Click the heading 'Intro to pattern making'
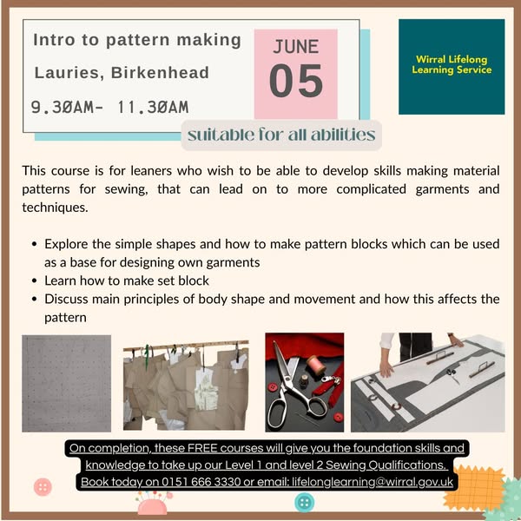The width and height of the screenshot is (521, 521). [137, 40]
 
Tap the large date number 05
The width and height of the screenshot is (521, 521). [296, 81]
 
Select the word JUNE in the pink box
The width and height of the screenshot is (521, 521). [296, 47]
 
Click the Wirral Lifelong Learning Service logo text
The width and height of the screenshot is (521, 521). [452, 64]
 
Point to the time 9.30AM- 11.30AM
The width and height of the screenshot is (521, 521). [109, 108]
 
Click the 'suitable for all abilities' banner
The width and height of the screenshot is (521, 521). [281, 135]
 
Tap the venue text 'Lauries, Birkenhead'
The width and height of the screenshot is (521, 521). [122, 73]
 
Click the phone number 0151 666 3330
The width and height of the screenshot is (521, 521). [201, 482]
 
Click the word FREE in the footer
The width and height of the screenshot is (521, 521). [202, 448]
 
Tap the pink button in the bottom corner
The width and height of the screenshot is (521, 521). [43, 487]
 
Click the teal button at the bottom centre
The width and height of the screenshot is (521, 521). [304, 502]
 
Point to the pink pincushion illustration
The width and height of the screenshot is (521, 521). [153, 504]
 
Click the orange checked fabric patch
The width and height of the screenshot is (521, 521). [474, 487]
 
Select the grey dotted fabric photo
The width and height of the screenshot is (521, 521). [67, 384]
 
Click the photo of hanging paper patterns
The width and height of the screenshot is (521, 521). [186, 386]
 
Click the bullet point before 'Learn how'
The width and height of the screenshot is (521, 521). [34, 280]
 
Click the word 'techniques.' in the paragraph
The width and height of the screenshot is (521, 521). [56, 208]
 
